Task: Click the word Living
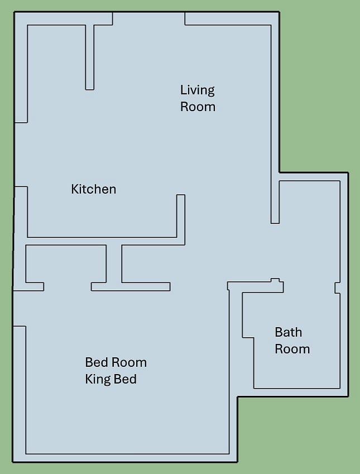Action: pos(198,90)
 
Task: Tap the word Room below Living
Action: pos(198,107)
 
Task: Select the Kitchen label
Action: pos(93,189)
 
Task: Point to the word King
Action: pos(98,379)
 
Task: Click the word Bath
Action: pos(289,332)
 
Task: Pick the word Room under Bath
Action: pos(292,349)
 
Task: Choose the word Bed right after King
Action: pos(125,379)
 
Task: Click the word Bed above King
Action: pos(97,362)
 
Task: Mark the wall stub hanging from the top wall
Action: pos(89,57)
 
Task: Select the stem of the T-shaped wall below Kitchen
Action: pos(114,264)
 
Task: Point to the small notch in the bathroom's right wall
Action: pos(337,288)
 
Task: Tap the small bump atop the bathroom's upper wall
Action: pos(275,280)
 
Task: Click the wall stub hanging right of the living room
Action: pos(275,198)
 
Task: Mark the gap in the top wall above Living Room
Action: pos(148,18)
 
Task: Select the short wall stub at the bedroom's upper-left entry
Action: pos(35,286)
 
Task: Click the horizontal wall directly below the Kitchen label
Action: pos(102,241)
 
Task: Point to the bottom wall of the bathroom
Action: pos(297,392)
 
